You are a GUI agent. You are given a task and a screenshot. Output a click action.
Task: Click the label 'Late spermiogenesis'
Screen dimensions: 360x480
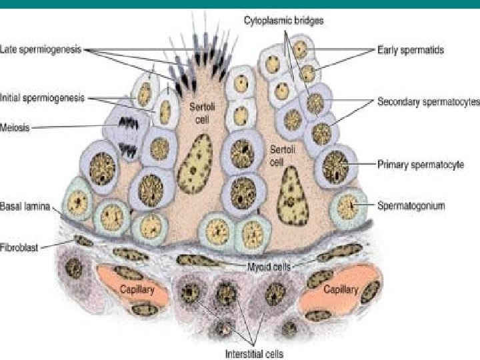click(x=42, y=49)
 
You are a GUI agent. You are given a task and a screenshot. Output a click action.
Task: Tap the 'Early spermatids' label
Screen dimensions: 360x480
click(x=410, y=49)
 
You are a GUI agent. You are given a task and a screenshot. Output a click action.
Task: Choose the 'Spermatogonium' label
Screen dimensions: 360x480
click(x=411, y=206)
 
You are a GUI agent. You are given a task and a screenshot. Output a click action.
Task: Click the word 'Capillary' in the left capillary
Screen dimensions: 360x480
click(x=137, y=290)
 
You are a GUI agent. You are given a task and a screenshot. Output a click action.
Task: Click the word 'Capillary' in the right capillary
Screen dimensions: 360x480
click(x=340, y=290)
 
